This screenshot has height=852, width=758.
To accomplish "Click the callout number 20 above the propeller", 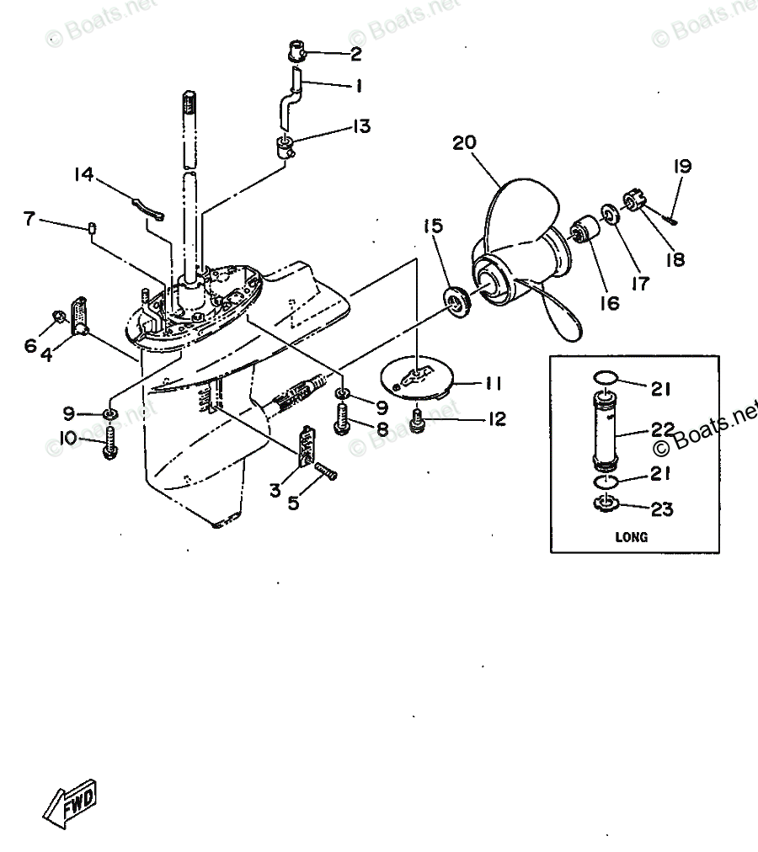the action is point(464,142).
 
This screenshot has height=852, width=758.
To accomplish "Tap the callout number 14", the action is point(83,174).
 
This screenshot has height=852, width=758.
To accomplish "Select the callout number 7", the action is point(29,218).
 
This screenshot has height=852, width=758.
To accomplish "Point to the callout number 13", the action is point(361,126).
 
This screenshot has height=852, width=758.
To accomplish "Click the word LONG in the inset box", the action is point(632,537).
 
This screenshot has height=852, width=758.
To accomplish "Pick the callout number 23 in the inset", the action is point(662,509).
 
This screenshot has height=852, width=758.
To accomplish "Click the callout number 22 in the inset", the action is point(663,430).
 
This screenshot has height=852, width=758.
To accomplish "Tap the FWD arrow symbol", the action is point(70,804).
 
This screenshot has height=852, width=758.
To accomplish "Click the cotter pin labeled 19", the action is point(670,218).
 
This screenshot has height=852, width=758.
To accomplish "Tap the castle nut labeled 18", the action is point(633,200).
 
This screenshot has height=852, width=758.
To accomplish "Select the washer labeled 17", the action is point(609,213).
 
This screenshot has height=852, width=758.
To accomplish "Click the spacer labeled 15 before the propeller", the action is point(456,302).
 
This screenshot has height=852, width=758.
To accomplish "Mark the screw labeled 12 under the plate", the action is point(417,421).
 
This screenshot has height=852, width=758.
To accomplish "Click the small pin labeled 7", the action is point(93,226).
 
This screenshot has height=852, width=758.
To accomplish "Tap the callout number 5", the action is point(294,503).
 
